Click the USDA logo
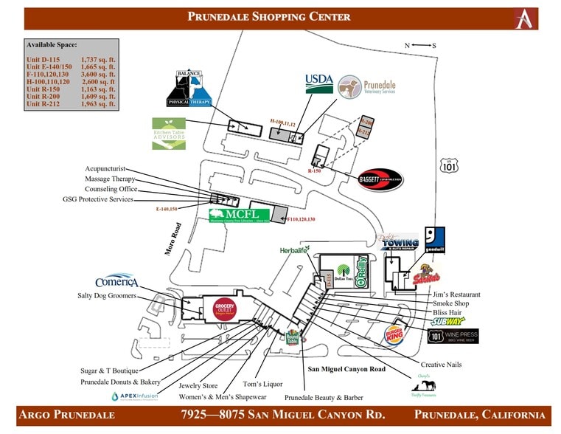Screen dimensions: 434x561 point(320,82)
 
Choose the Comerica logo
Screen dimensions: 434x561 point(116,282)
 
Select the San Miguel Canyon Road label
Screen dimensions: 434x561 point(346,368)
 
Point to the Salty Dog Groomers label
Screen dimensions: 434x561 point(107,295)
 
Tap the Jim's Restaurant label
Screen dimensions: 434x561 point(456,294)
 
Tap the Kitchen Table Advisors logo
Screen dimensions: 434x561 point(169,134)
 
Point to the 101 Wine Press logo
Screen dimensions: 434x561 point(453,337)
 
